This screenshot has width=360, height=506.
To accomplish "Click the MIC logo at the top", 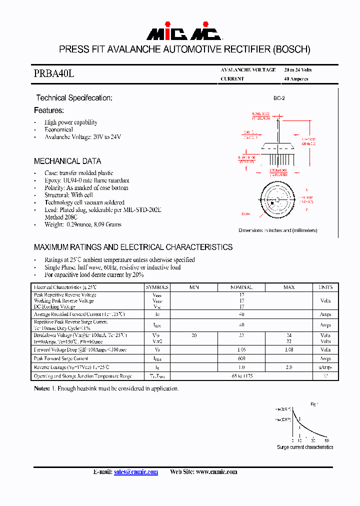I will point(184,33).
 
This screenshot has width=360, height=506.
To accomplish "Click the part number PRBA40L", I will point(54,73).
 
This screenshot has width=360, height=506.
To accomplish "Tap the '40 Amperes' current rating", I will point(296,79).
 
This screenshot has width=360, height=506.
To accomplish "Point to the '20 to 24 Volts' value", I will point(297,70).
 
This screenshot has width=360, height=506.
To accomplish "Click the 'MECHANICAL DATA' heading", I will point(67,161).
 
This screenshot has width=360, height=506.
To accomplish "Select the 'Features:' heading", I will point(49,110).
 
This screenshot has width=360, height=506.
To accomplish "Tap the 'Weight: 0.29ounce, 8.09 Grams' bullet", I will point(83,224).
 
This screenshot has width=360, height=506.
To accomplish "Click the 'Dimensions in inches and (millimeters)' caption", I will point(277,230).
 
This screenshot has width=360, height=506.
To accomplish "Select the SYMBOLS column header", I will point(157,287).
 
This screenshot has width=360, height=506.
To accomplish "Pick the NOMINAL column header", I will point(241,287).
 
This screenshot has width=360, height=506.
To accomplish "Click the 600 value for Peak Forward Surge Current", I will point(241,359).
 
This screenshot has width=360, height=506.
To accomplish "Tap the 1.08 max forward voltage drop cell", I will point(289,350).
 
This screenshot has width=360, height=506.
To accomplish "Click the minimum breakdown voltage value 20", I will point(194,335).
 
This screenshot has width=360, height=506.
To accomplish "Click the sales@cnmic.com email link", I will point(135,472).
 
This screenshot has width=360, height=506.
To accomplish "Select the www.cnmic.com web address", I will point(216,472).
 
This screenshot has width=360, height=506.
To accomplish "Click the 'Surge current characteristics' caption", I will point(305,447).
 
